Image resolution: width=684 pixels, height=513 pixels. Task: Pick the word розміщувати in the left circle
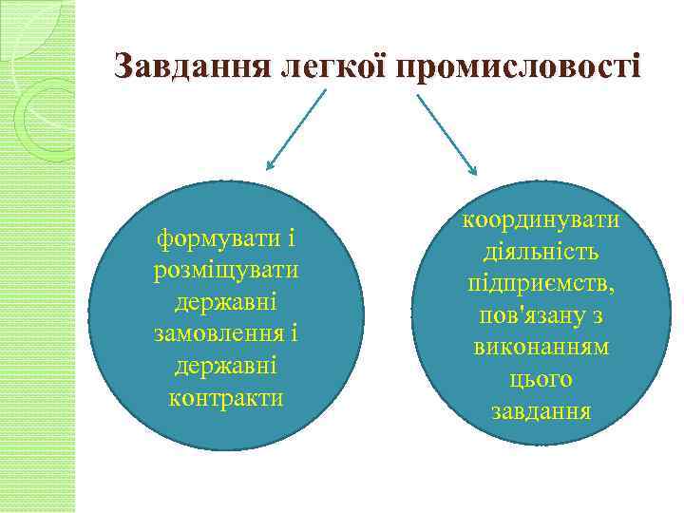click(225, 269)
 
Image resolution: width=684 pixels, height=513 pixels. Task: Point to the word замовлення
click(219, 333)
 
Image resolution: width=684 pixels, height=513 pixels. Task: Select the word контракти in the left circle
click(225, 397)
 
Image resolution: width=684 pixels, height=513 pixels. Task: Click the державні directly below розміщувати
click(225, 301)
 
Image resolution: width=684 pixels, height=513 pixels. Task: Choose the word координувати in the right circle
click(541, 219)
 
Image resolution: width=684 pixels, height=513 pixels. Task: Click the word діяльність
click(541, 252)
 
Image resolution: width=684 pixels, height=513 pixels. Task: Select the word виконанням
click(541, 348)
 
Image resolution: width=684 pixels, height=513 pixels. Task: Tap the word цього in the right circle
click(541, 380)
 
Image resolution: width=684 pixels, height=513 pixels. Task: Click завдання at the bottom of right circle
click(541, 412)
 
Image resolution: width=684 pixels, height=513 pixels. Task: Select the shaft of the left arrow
click(298, 128)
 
